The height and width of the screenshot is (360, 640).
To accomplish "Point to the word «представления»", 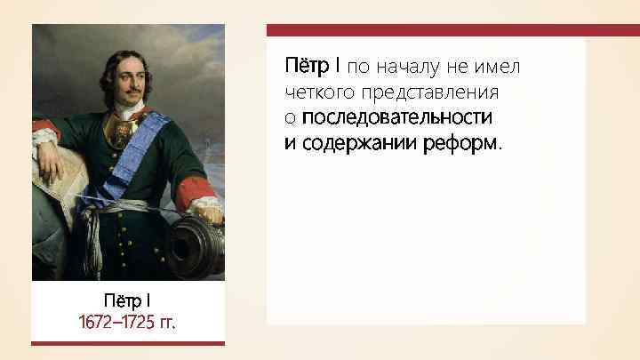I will tap(423, 92).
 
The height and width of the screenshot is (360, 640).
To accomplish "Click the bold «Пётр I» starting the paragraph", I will tap(313, 67).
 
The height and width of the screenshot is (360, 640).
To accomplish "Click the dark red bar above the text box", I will tap(452, 30).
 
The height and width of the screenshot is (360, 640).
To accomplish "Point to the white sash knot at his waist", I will tap(98, 213).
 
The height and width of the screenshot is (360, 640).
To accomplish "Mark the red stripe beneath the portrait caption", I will tap(128, 342).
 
